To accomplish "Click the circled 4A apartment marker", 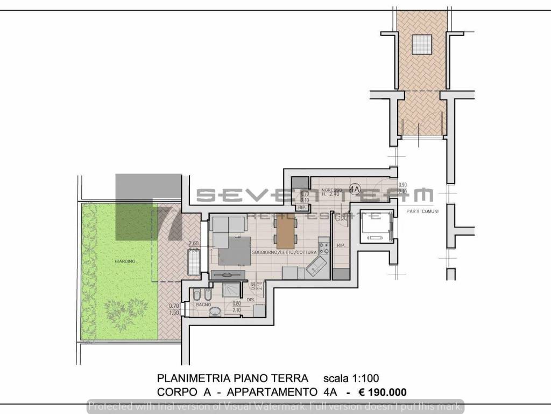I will pos(354,189).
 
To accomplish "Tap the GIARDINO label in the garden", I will pos(124,261).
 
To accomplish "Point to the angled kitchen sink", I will pos(316,266).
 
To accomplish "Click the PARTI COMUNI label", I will pos(423,212).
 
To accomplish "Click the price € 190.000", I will pos(384,392).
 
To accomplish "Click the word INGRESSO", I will pos(329,191).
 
